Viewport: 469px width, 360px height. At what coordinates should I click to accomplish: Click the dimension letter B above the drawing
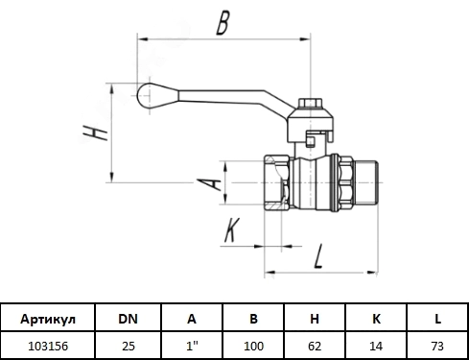[223, 23]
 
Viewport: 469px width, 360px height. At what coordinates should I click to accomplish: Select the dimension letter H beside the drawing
[95, 132]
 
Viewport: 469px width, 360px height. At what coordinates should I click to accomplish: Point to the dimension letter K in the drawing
[232, 229]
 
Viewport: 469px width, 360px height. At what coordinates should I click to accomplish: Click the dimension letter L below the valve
[318, 256]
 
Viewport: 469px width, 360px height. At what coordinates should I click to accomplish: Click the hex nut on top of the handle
[310, 103]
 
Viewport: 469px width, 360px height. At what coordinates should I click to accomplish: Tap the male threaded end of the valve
[366, 182]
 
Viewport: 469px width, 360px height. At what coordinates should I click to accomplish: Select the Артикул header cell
[48, 319]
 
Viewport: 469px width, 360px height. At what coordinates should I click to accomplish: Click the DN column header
[128, 319]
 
